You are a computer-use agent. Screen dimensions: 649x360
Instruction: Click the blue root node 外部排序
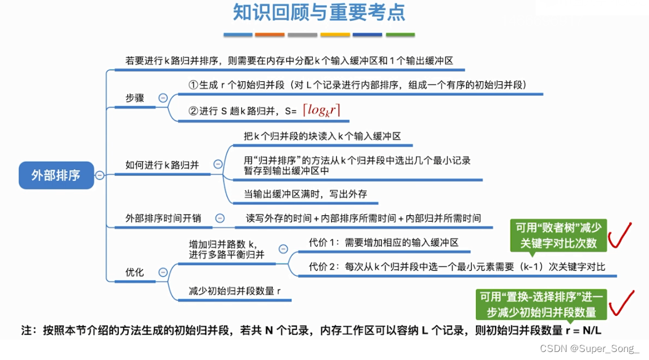coord(56,175)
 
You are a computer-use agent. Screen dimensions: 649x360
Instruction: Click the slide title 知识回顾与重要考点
coord(319,12)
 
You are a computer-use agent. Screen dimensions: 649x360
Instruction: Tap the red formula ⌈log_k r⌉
coord(321,110)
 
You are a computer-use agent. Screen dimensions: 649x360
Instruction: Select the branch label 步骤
coord(135,98)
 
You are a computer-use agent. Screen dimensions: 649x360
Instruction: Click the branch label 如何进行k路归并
coord(162,164)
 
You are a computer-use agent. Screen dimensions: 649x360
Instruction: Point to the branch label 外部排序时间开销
coord(163,218)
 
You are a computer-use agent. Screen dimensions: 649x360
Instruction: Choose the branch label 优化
coord(135,272)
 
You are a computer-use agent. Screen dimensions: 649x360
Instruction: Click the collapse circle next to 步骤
coord(163,98)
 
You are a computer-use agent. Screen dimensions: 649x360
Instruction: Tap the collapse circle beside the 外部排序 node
coord(99,175)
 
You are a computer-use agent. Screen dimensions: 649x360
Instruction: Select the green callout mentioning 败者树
coord(558,236)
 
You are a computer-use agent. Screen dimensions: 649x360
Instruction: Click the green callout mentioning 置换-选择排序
coord(542,304)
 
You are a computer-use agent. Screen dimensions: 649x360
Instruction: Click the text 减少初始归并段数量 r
coord(235,291)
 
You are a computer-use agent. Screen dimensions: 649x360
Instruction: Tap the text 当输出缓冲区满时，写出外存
coord(305,194)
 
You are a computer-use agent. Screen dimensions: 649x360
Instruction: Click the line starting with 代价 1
coord(384,242)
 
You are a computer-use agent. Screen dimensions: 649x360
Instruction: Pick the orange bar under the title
coord(269,34)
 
